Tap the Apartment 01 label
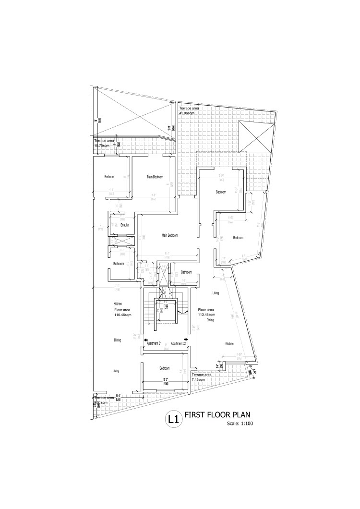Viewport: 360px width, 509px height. pyautogui.click(x=154, y=343)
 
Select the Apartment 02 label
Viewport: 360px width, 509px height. pyautogui.click(x=178, y=343)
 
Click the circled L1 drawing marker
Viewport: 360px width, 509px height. pyautogui.click(x=173, y=419)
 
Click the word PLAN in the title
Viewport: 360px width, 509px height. pyautogui.click(x=239, y=415)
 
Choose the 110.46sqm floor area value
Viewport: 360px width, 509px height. pyautogui.click(x=123, y=315)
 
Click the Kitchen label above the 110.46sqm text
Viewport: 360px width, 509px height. pyautogui.click(x=118, y=304)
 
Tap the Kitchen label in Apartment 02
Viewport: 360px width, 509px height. pyautogui.click(x=230, y=344)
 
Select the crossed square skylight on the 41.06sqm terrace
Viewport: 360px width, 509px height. pyautogui.click(x=256, y=135)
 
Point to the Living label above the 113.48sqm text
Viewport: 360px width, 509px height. pyautogui.click(x=216, y=292)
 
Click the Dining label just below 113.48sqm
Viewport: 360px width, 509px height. pyautogui.click(x=210, y=320)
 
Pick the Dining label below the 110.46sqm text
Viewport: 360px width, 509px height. pyautogui.click(x=118, y=340)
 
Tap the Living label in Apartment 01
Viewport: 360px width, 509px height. pyautogui.click(x=116, y=371)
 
